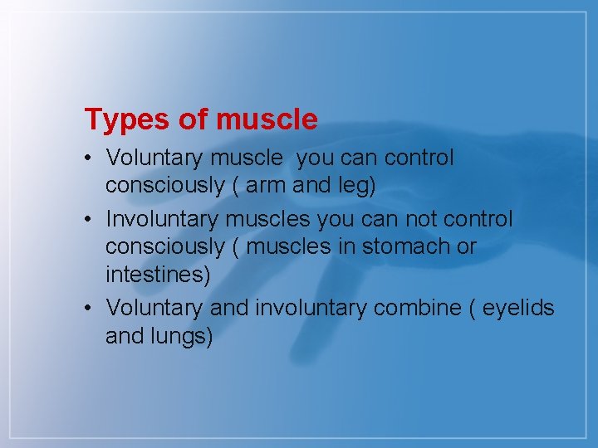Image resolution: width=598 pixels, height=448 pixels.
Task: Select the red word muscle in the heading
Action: pos(267,120)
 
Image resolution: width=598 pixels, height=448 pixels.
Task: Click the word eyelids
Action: pos(518,308)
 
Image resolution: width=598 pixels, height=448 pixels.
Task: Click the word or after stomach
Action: pos(466,246)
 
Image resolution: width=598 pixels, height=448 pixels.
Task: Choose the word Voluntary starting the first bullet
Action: pos(149,158)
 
